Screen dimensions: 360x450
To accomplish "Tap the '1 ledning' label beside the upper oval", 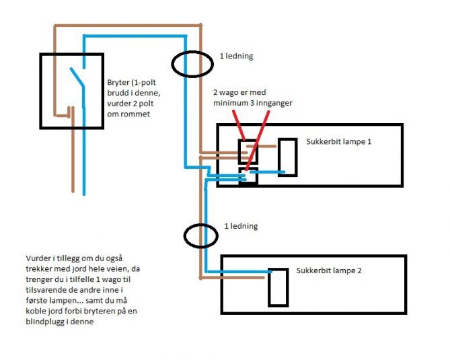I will [237, 56].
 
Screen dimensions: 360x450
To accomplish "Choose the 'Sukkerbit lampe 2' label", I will [329, 273].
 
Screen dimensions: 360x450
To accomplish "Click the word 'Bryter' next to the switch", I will [118, 83].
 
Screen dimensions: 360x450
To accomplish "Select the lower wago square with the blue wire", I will [248, 176].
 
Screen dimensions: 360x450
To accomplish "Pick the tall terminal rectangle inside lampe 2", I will [277, 288].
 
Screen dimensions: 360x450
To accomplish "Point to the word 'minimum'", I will [233, 103].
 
